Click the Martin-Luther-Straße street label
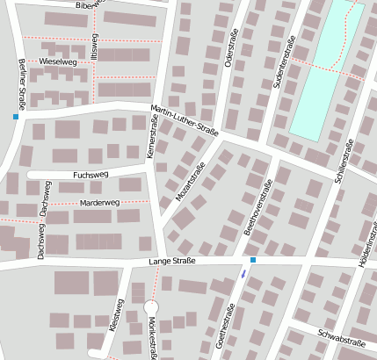click(x=185, y=120)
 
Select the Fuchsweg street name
click(x=91, y=175)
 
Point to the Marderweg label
click(x=99, y=203)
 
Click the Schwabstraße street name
click(x=340, y=338)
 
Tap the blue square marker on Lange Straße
click(x=253, y=261)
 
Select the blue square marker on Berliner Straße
click(x=15, y=116)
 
